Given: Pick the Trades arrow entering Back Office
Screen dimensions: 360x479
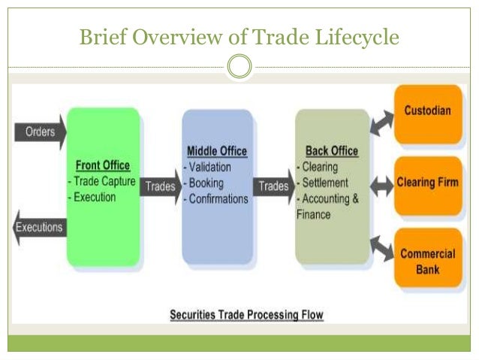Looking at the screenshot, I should (x=273, y=186).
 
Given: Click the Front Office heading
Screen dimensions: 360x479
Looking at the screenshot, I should (x=103, y=165).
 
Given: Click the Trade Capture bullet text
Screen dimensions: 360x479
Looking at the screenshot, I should (x=103, y=181).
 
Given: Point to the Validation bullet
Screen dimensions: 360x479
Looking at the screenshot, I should (x=208, y=168).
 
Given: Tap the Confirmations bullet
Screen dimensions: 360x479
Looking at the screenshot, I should (x=217, y=199).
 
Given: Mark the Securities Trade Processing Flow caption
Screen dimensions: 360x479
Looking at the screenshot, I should (x=246, y=315).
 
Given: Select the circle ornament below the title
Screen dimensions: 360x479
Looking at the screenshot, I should (x=239, y=68).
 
